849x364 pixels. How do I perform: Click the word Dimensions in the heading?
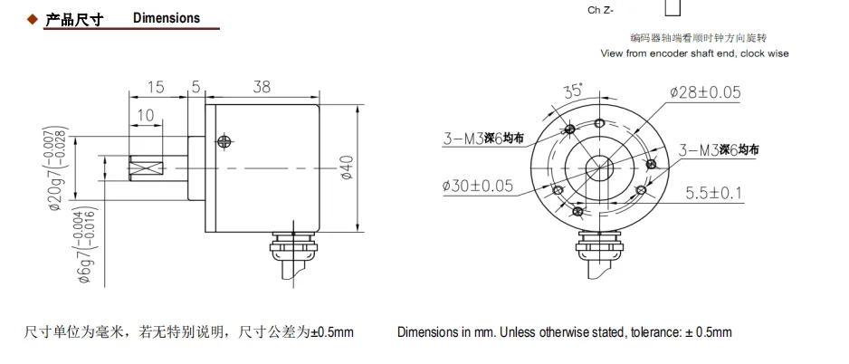(x=167, y=19)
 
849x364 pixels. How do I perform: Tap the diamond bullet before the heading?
(x=32, y=19)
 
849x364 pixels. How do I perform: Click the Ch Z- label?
(x=602, y=10)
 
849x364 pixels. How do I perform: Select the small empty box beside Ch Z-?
(x=673, y=8)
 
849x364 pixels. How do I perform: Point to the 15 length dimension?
(x=156, y=87)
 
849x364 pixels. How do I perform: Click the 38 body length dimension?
(x=262, y=87)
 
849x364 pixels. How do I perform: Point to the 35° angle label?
(x=573, y=91)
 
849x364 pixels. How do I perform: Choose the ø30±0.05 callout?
(x=477, y=186)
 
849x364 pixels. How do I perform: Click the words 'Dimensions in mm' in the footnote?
(x=444, y=332)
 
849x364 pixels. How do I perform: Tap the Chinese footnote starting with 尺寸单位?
(x=188, y=332)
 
